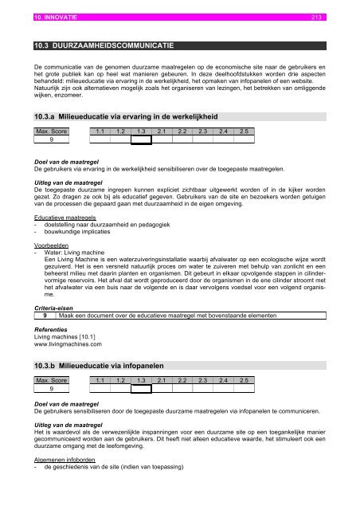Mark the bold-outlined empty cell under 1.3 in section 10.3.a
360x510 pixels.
[x=141, y=140]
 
